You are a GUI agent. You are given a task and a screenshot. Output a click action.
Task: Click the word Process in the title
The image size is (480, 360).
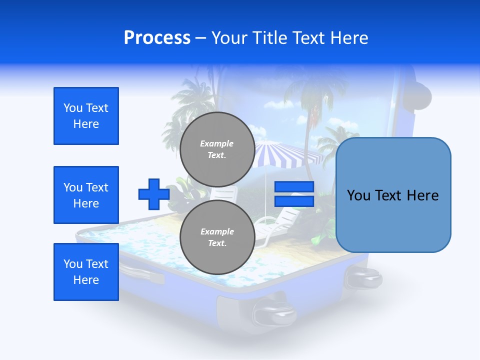click(x=157, y=38)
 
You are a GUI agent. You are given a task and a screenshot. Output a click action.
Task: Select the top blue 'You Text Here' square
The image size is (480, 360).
click(x=86, y=116)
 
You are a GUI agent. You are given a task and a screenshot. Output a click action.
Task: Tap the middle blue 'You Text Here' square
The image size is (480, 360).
click(x=86, y=195)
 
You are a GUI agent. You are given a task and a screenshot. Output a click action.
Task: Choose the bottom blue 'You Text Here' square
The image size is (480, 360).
click(x=86, y=272)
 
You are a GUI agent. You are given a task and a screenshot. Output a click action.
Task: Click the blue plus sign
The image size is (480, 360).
click(x=153, y=194)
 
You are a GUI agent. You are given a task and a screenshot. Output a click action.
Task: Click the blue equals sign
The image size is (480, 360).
click(x=294, y=194)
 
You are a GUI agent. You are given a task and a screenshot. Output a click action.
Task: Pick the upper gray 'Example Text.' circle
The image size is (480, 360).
click(x=217, y=149)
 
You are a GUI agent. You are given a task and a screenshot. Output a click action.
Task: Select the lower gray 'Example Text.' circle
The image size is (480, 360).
click(x=217, y=237)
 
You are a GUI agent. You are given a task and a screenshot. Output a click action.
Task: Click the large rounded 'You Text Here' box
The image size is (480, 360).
click(x=393, y=195)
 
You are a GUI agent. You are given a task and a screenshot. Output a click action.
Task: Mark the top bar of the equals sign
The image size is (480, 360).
click(x=294, y=187)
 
